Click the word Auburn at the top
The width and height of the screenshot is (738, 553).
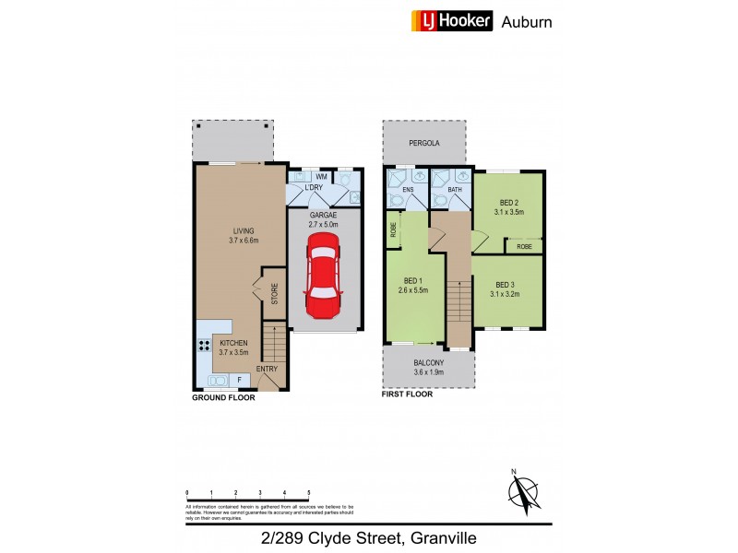527,21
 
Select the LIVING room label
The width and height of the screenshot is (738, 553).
244,230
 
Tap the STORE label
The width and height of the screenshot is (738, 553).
274,295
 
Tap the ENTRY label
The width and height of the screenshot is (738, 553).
267,370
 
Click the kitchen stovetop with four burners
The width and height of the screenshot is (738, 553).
204,347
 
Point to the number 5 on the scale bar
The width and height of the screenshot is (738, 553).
308,493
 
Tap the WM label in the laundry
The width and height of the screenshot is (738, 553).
321,176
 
